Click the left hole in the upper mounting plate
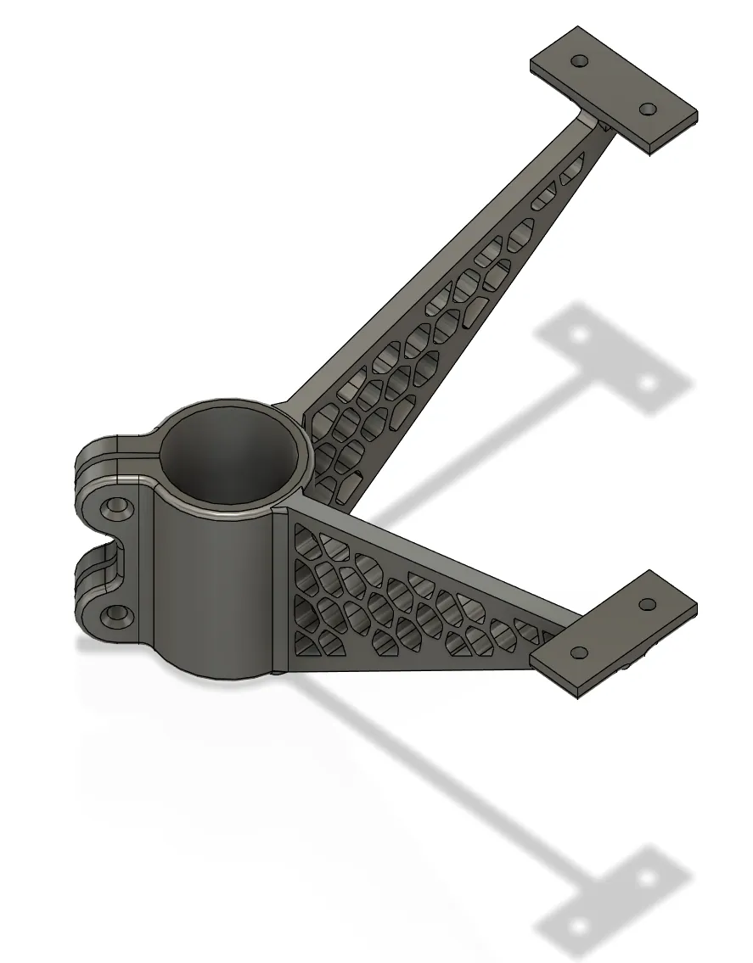coord(581,62)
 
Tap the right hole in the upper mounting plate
coord(647,109)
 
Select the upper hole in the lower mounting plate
coord(647,605)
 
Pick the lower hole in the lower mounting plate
coord(580,653)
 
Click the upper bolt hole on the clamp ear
coord(115,509)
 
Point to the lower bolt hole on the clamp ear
coord(115,613)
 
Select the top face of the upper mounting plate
coord(613,85)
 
